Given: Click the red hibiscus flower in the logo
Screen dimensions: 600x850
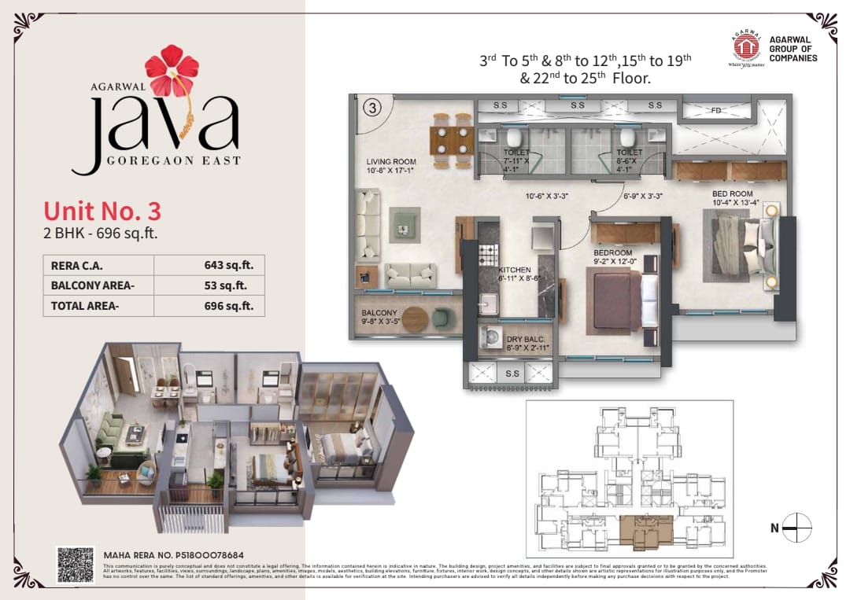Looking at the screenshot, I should (x=172, y=70).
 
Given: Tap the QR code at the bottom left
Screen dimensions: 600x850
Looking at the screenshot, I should (x=76, y=564).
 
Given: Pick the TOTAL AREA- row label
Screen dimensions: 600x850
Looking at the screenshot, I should (x=85, y=306).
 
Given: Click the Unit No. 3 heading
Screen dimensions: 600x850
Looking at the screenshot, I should (x=102, y=211).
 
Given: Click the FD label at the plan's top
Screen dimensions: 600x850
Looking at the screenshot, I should (x=715, y=111).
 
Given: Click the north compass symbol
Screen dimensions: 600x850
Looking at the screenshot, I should (x=796, y=527).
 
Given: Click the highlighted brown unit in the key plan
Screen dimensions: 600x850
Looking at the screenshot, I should (x=646, y=530).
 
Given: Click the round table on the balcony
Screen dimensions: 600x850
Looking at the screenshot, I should (x=416, y=318).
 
